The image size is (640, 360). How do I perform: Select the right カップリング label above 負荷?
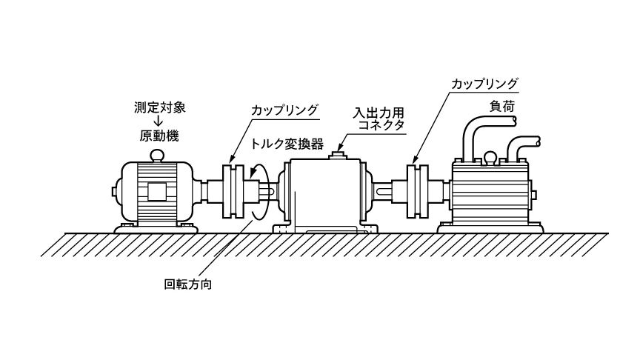pyautogui.click(x=484, y=83)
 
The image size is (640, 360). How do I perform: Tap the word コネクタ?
pyautogui.click(x=379, y=127)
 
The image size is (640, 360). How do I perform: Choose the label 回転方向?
pyautogui.click(x=187, y=282)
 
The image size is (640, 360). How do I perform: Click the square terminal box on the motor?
pyautogui.click(x=156, y=191)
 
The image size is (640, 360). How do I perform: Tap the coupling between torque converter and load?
pyautogui.click(x=419, y=191)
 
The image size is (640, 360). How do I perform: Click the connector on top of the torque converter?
pyautogui.click(x=340, y=154)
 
